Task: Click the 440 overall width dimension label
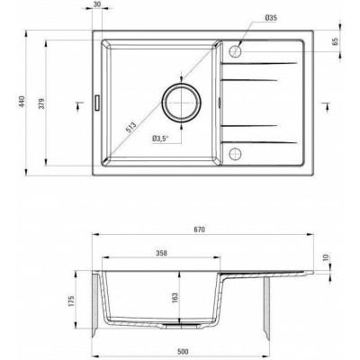point(22,102)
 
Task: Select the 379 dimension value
point(42,103)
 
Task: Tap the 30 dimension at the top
point(97,4)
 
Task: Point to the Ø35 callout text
point(271,18)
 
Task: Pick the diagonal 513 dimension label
point(130,127)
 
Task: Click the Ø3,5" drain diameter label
point(160,139)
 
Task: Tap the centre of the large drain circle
point(182,103)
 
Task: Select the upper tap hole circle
point(235,51)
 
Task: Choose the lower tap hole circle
point(235,154)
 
